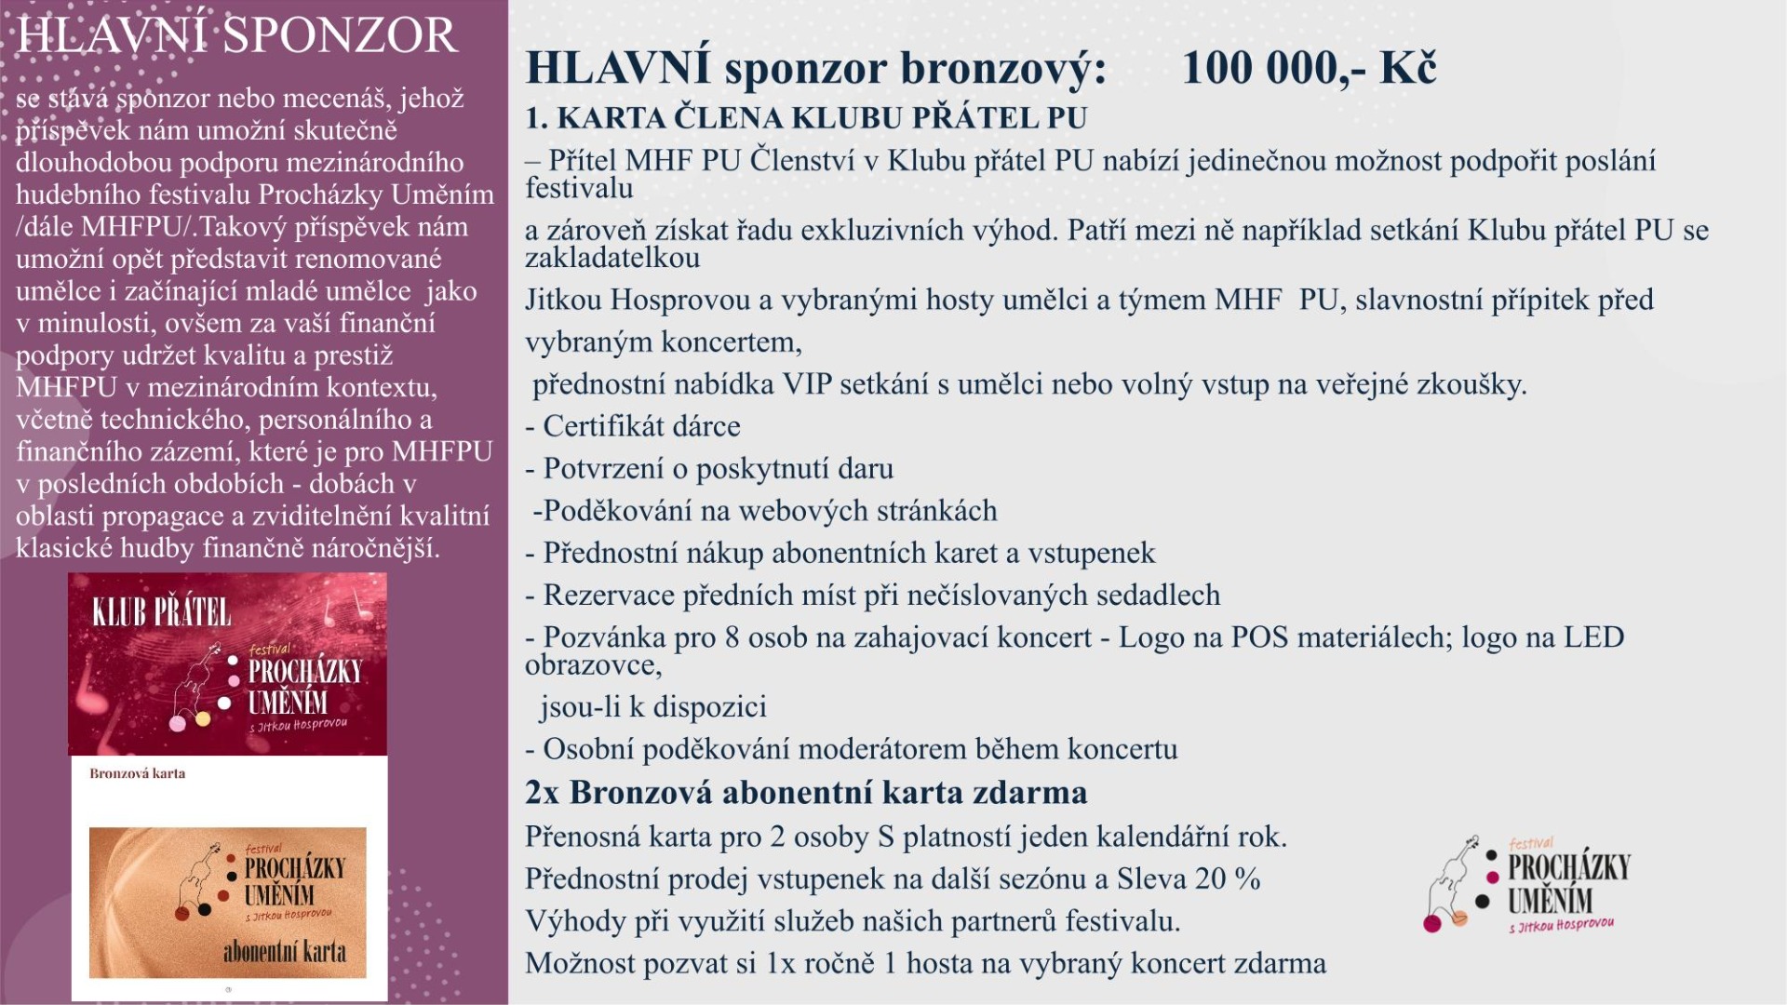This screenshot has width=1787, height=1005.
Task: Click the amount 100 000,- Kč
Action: [1309, 67]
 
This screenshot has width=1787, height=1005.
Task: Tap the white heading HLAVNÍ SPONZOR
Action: [237, 35]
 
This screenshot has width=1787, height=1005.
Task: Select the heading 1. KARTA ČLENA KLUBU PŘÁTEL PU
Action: [806, 118]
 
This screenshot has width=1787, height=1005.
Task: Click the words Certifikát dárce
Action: [641, 426]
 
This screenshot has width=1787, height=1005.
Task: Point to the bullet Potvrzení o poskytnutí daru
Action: [718, 468]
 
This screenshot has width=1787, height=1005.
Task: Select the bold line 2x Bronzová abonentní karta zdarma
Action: [806, 792]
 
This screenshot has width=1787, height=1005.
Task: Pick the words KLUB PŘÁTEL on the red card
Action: [161, 612]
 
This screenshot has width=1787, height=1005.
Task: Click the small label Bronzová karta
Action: [137, 773]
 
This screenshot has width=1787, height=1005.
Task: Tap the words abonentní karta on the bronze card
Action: [284, 951]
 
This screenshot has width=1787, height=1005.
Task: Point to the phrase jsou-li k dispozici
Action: [653, 707]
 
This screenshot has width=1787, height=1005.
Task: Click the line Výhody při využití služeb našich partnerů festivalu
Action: [853, 921]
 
